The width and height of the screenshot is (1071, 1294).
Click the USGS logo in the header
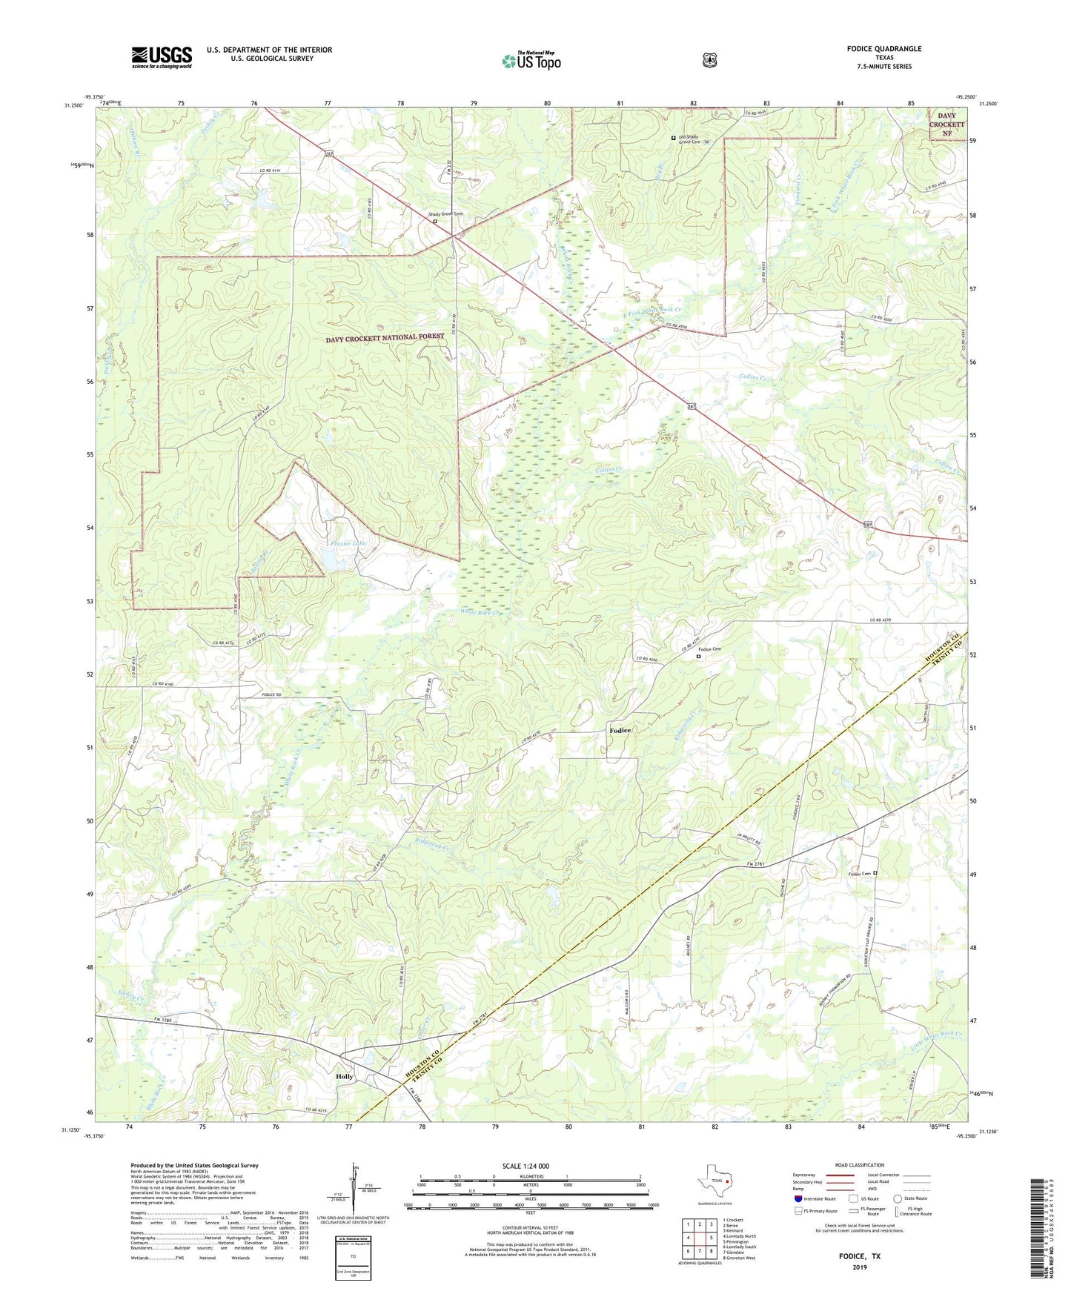[162, 57]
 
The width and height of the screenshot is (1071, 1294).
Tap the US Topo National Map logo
[531, 60]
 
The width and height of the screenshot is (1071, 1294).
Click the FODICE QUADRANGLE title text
[884, 49]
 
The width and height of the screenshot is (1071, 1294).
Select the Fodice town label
[620, 731]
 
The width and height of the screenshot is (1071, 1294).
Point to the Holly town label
[345, 1076]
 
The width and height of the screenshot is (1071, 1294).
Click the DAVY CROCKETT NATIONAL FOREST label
[385, 337]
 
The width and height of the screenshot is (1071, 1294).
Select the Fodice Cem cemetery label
[711, 650]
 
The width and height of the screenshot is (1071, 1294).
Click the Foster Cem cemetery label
[860, 874]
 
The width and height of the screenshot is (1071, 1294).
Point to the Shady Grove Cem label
[445, 214]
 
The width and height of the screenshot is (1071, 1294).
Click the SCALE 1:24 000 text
[525, 1166]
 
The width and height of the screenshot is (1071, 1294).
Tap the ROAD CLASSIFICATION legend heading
[859, 1165]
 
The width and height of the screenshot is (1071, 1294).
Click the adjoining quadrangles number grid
[699, 1238]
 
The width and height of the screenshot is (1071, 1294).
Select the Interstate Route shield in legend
[798, 1198]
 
